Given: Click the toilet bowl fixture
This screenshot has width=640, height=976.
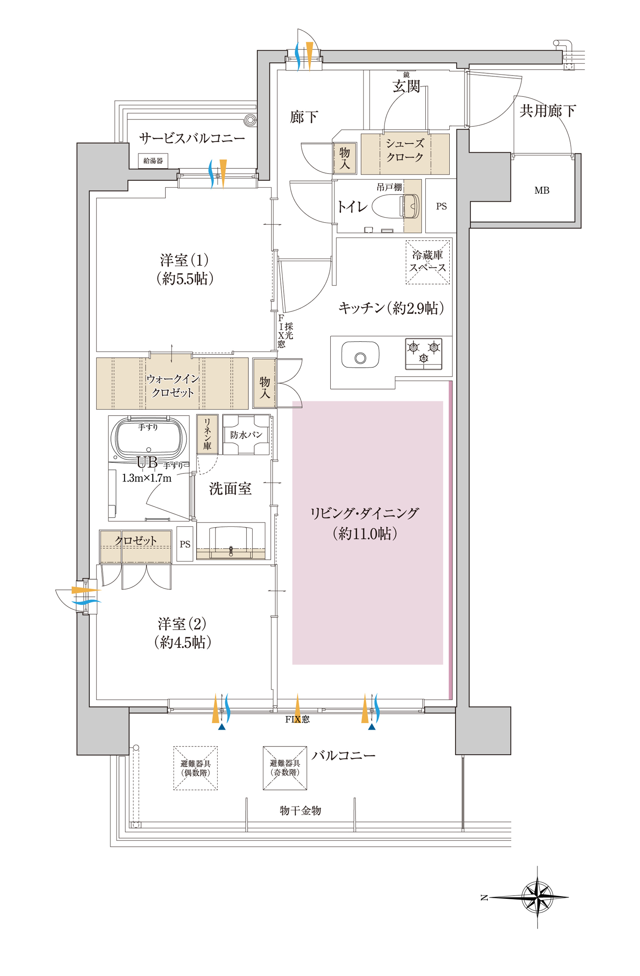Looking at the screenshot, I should pos(395,206).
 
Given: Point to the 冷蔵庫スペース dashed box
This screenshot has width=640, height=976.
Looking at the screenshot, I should pos(428,262).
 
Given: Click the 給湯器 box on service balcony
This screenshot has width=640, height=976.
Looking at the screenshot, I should pos(153,161).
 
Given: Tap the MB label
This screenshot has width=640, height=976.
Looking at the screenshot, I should pos(541,191).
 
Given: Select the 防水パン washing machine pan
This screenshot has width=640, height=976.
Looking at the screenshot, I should pos(246,435).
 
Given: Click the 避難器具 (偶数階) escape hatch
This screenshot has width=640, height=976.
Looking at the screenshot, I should pos(195,768).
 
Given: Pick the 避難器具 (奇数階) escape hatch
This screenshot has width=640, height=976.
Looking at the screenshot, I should pos(285,768).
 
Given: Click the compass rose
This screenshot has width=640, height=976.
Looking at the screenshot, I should pos(537,898).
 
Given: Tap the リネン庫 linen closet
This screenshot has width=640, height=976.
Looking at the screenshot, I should pos(207,434).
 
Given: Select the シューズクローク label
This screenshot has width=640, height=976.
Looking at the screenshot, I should pos(404,150).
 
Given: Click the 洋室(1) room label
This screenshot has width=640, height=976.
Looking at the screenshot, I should pos(184,269).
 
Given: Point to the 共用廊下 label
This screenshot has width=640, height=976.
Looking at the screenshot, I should pos(547,111).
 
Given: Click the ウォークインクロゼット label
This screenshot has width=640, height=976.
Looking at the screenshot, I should pos(172,385).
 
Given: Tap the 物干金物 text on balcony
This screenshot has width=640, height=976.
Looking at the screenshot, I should pos(300,810).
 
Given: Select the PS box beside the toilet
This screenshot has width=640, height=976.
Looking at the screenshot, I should pos(441,206).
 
